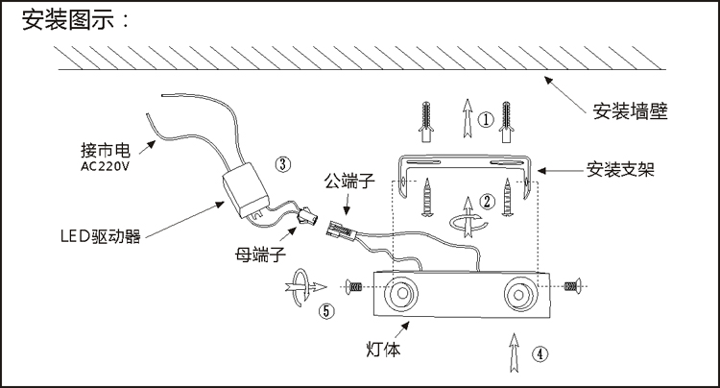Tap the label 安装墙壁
tap(630, 111)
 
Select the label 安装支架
tap(620, 169)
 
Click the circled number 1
tap(486, 120)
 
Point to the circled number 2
tap(487, 201)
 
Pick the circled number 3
tap(283, 164)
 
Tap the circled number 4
tap(540, 354)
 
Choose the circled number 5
tap(326, 311)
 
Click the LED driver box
tap(246, 189)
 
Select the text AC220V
tap(106, 166)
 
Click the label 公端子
tap(349, 181)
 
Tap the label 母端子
tap(260, 254)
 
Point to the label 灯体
tap(383, 349)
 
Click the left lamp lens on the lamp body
tap(401, 294)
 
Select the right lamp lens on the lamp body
tap(519, 294)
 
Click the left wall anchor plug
tap(426, 122)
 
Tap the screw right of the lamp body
tap(572, 286)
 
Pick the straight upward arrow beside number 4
tap(515, 352)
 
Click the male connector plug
tap(341, 230)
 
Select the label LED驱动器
tap(101, 236)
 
